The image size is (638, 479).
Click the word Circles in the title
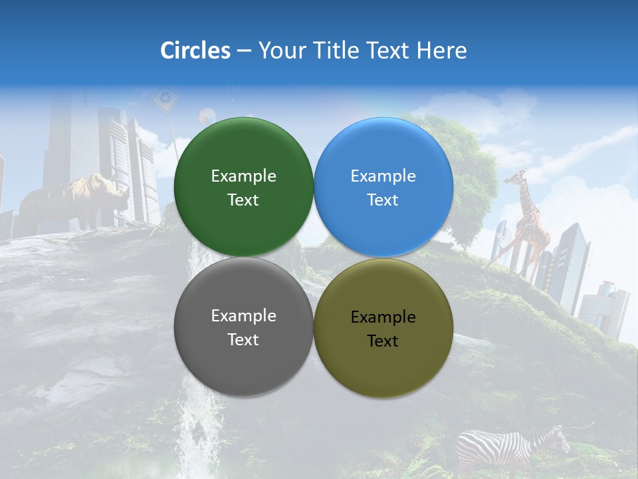(x=195, y=51)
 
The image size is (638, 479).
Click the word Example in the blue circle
(x=383, y=176)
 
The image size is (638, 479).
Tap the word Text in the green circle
(x=243, y=200)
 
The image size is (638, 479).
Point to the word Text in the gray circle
(x=243, y=340)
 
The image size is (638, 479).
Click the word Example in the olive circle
(x=383, y=317)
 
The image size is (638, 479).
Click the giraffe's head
(x=516, y=177)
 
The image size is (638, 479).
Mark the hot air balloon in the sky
(x=207, y=114)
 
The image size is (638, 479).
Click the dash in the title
(x=244, y=51)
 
